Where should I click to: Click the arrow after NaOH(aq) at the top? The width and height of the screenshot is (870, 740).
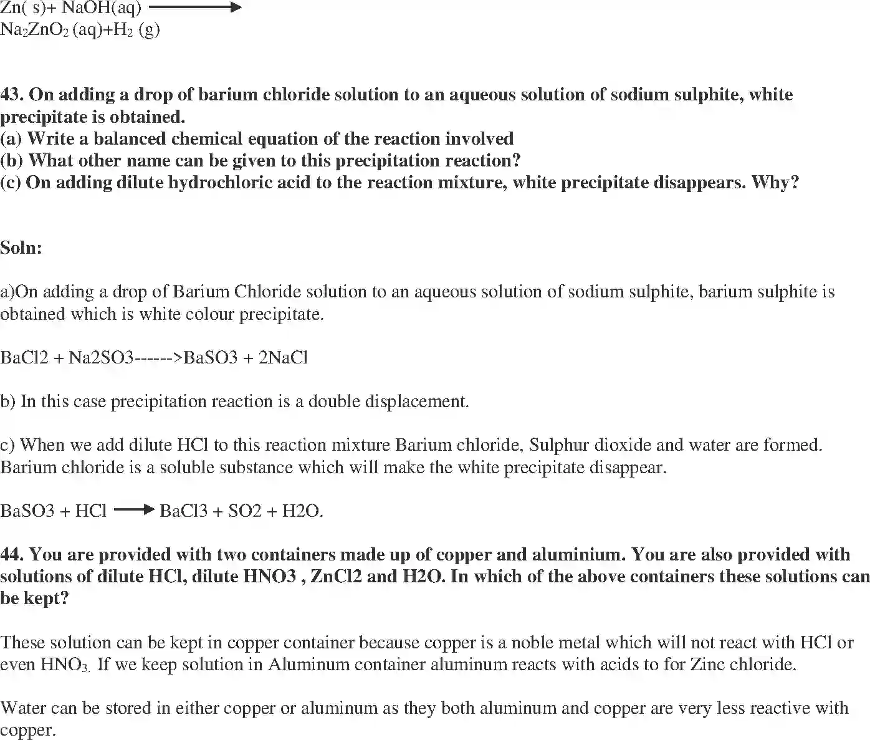click(194, 8)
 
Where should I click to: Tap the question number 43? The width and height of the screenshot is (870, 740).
click(12, 95)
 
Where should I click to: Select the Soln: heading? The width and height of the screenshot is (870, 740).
click(21, 248)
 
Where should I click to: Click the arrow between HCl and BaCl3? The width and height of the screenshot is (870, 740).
click(133, 510)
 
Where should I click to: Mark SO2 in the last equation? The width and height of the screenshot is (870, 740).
click(244, 511)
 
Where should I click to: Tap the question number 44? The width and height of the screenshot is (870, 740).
click(12, 555)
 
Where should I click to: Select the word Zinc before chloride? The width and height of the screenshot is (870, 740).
click(709, 665)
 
